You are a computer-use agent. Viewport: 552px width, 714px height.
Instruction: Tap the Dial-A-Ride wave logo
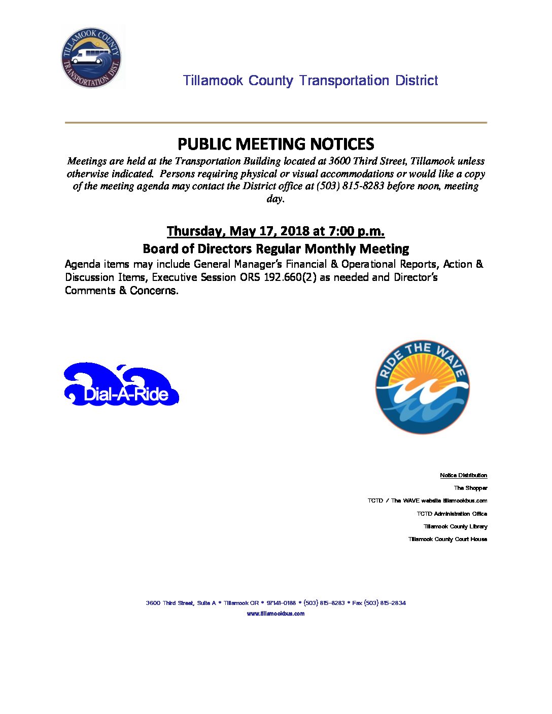[x=121, y=384]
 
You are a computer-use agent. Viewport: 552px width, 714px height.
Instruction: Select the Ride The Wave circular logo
[x=422, y=387]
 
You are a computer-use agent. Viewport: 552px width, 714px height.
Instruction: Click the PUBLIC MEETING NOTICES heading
[x=275, y=144]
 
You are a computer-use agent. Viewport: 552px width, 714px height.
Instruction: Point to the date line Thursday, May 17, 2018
[x=275, y=231]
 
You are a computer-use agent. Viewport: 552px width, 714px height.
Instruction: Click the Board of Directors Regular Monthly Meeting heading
[x=275, y=248]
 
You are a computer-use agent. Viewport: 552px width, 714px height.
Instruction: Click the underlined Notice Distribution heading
[x=463, y=475]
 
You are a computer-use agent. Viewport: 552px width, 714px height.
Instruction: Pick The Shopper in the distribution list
[x=470, y=488]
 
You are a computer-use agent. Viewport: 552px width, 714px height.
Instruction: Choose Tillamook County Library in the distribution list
[x=455, y=526]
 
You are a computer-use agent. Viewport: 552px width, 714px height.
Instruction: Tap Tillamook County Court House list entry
[x=447, y=539]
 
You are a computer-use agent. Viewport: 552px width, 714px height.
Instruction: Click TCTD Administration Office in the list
[x=452, y=514]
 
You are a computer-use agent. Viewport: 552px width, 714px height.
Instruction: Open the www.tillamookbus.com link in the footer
[x=275, y=614]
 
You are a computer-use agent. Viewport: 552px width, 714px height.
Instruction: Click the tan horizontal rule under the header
[x=275, y=123]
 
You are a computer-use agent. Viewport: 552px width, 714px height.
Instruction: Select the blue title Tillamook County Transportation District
[x=310, y=81]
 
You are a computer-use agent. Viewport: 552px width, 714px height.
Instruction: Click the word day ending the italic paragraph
[x=274, y=199]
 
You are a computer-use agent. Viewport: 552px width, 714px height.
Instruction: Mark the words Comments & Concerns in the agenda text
[x=121, y=291]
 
